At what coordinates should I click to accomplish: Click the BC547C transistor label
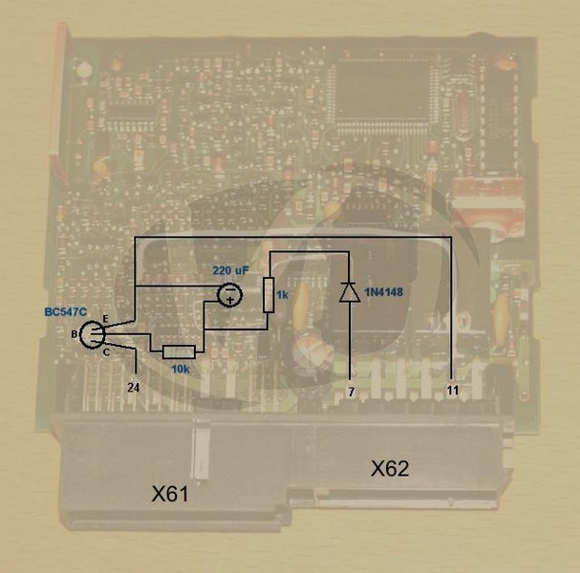point(66,312)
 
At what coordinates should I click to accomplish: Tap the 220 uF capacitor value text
point(231,270)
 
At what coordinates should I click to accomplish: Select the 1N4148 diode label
point(383,292)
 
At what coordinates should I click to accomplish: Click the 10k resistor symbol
point(179,352)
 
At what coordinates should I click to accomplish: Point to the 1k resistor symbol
point(269,295)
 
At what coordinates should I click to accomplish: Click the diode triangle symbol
point(350,292)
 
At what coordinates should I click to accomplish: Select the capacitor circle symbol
point(229,295)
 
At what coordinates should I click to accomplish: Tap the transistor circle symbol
point(93,334)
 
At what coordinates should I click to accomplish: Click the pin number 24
point(134,388)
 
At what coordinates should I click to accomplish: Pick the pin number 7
point(352,392)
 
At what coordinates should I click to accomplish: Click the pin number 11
point(453,390)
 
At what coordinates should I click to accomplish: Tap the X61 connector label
point(170,494)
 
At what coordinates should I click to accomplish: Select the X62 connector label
point(390,468)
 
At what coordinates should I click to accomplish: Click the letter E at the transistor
point(105,319)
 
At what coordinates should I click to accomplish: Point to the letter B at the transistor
point(75,334)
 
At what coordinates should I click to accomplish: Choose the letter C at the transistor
point(106,352)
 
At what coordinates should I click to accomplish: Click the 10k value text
point(181,369)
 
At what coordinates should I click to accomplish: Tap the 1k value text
point(282,295)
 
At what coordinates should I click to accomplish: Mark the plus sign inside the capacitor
point(229,300)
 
